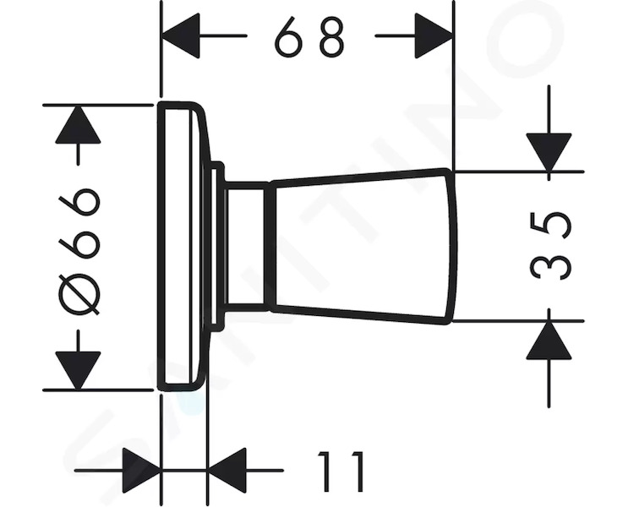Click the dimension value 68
coord(309,37)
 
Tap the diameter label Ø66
coord(79,247)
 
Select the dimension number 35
coord(549,246)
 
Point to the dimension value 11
coord(341,471)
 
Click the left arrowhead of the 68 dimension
coord(180,35)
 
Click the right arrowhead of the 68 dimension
coord(434,35)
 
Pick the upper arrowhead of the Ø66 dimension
coord(78,124)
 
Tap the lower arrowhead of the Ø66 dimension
coord(78,370)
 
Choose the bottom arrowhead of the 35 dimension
coord(549,340)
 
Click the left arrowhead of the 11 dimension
coord(141,471)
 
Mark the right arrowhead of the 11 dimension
coord(227,471)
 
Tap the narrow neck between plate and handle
coord(247,246)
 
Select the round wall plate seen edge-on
coord(183,246)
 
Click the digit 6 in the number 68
coord(287,37)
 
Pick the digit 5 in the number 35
coord(549,226)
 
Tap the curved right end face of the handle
coord(452,246)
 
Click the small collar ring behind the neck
coord(216,246)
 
